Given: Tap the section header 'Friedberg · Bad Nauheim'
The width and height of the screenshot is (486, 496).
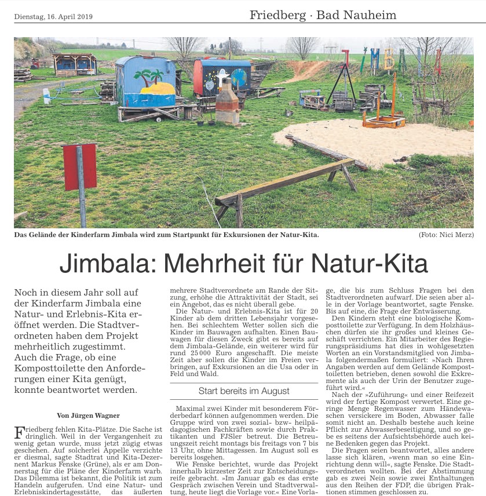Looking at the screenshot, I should (323, 15).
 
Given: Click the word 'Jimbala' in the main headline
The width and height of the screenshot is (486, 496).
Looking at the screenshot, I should (105, 264).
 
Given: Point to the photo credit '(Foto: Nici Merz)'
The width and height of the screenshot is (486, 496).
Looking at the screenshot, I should (445, 235).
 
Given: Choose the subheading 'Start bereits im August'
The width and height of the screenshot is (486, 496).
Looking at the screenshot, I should (244, 391).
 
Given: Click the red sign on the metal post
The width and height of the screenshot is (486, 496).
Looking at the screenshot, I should (80, 166).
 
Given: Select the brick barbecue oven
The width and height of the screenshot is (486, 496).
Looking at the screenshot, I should (227, 105).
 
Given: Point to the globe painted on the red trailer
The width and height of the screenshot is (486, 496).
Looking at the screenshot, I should (238, 78).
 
